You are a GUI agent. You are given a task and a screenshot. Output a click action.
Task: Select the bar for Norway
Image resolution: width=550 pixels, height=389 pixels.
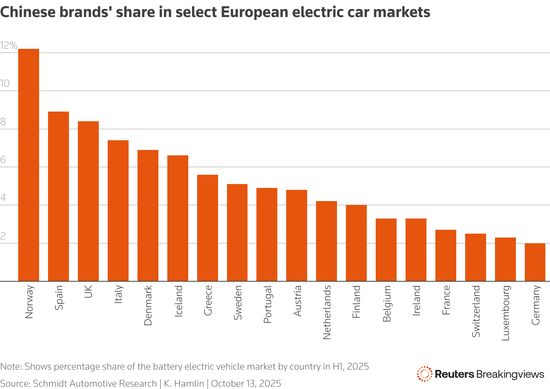coord(29,165)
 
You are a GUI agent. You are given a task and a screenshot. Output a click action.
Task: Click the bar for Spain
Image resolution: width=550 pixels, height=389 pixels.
coord(58,196)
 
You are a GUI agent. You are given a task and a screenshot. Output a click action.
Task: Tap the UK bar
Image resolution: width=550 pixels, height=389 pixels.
coord(88,201)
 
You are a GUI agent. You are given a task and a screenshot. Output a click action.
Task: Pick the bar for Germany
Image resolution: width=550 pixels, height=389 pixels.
coord(535,262)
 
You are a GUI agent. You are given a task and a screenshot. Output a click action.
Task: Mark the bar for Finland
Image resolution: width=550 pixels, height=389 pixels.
coord(356,243)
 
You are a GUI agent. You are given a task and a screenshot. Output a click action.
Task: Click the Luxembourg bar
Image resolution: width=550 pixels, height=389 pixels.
coord(505,259)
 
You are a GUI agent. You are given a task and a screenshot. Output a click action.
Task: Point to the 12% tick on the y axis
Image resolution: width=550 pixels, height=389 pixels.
coord(9,46)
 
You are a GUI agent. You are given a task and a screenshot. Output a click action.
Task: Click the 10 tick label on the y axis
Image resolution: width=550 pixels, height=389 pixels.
coord(5,84)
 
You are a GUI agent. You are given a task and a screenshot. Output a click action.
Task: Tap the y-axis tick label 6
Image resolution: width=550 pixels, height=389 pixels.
coord(3,160)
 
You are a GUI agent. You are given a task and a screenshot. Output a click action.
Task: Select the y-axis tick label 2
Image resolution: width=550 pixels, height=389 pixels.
coord(3,236)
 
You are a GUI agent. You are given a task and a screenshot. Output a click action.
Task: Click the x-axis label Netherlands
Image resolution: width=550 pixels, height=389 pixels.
coord(327,312)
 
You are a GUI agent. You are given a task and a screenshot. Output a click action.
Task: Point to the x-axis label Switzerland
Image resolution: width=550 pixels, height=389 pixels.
coord(476,311)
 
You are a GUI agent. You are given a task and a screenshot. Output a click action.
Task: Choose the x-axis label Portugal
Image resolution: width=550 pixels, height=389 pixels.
coord(267,304)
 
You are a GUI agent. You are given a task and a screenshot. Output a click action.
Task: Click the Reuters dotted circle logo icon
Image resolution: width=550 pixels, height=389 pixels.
coord(425,374)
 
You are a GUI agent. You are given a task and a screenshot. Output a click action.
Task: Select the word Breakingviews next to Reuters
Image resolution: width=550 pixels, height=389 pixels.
coord(510,374)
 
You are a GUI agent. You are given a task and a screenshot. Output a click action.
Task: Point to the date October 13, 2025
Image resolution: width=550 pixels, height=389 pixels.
coord(246,384)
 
